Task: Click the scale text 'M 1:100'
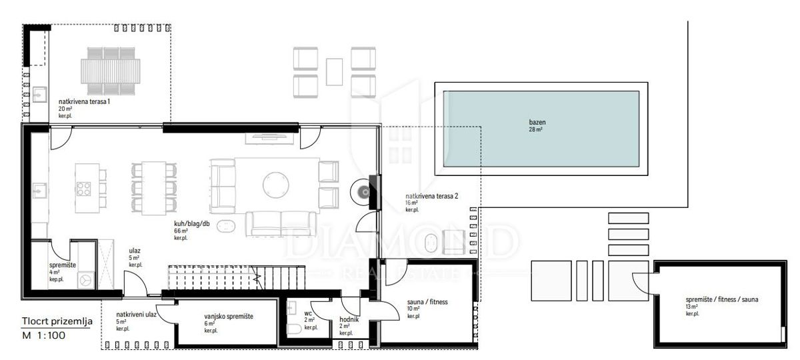(x=43, y=335)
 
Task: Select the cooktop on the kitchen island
(x=85, y=189)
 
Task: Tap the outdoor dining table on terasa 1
(x=111, y=69)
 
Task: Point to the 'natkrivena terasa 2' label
(x=432, y=197)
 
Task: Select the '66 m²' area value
(x=181, y=230)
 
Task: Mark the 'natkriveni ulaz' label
(x=137, y=315)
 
